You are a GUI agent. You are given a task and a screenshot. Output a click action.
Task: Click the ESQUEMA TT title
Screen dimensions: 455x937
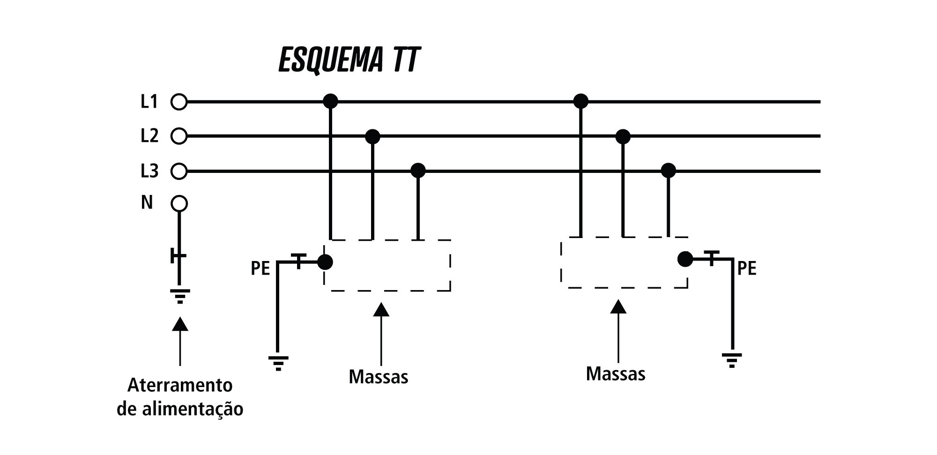349,60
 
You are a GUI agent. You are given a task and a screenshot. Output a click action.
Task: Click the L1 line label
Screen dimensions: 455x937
149,101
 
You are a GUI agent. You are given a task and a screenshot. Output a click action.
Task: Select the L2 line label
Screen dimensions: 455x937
149,136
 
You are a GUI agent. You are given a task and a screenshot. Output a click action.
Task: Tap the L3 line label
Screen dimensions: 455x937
149,171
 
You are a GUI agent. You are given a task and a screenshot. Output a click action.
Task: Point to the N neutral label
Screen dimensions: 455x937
147,202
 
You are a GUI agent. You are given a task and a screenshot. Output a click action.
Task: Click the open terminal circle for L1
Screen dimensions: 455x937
179,102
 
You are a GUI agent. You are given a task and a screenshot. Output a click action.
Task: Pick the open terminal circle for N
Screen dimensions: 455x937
179,204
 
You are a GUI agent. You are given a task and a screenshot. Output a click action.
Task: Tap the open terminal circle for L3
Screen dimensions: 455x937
179,171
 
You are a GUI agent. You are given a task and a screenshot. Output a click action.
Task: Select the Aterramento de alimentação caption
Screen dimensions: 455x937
180,397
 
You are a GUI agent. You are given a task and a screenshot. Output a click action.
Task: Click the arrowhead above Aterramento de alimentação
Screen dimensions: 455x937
180,324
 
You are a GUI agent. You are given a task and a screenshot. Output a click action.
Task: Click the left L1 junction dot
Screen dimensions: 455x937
330,101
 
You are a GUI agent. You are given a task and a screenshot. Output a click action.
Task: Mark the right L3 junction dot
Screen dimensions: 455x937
668,171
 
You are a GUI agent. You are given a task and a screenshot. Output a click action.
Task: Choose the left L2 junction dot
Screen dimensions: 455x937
372,136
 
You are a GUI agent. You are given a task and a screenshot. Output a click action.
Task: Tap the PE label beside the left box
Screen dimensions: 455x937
260,269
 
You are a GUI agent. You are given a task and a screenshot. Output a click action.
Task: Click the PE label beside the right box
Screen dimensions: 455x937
747,269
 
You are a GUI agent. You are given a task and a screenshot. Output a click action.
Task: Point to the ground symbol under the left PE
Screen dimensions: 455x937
278,363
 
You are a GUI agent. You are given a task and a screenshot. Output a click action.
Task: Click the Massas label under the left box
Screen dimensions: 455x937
379,377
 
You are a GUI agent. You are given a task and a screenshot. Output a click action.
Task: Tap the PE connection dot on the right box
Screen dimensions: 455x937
685,259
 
